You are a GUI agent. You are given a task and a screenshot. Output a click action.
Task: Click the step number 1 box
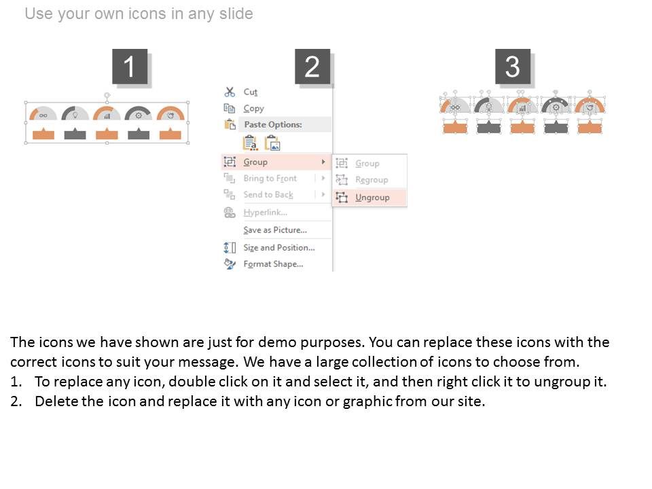[130, 67]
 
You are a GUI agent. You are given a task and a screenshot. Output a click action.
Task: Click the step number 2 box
[312, 67]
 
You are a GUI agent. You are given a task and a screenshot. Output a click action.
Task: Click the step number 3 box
[513, 67]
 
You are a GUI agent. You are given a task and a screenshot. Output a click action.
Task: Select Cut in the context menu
[251, 92]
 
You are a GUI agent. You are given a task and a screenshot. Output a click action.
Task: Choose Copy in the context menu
[253, 109]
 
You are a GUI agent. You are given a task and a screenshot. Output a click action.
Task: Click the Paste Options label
[273, 124]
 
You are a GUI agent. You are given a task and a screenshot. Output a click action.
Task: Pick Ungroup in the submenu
[372, 198]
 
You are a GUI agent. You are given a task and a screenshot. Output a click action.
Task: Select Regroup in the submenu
[372, 179]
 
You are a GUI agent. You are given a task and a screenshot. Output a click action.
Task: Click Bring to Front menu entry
[270, 179]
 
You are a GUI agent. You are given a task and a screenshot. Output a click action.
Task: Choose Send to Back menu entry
[268, 195]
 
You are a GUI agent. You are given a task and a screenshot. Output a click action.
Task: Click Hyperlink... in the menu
[266, 213]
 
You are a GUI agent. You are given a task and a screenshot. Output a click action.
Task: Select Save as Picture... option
[275, 230]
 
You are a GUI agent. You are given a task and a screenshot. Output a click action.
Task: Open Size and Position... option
[279, 247]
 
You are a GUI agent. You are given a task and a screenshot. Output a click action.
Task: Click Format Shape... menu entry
[273, 264]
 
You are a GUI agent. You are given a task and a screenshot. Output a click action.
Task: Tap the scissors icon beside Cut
[230, 92]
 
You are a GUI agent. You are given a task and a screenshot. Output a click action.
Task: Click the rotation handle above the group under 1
[107, 96]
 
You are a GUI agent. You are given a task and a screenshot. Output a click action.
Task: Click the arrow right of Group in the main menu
[323, 162]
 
